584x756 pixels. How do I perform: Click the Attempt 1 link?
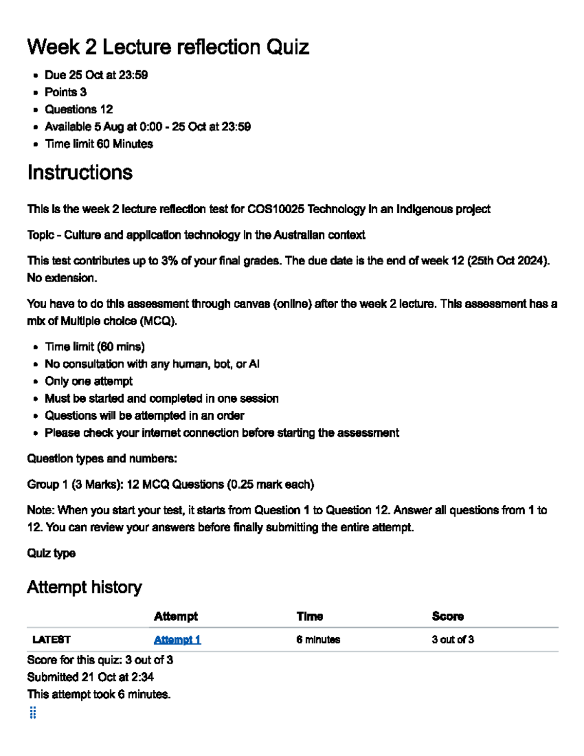177,640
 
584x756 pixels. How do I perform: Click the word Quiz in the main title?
287,47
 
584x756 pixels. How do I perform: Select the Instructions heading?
80,173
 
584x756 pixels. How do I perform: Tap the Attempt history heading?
84,587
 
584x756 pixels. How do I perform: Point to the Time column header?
310,616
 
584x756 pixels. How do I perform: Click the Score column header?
447,616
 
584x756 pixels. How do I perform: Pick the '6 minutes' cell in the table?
318,640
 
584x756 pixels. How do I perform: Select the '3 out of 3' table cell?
453,640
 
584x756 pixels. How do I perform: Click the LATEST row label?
51,640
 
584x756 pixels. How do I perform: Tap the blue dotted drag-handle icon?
33,713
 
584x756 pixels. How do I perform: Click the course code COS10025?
275,209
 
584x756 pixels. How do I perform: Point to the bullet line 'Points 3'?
66,92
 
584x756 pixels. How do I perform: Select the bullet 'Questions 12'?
79,110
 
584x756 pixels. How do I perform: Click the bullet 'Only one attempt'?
89,381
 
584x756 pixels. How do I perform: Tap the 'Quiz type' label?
51,553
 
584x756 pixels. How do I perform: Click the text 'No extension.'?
62,278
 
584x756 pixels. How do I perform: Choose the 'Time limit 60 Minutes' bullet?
99,144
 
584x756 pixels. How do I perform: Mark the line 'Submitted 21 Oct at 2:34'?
91,677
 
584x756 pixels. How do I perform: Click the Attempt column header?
176,616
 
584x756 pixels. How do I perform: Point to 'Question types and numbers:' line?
102,459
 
